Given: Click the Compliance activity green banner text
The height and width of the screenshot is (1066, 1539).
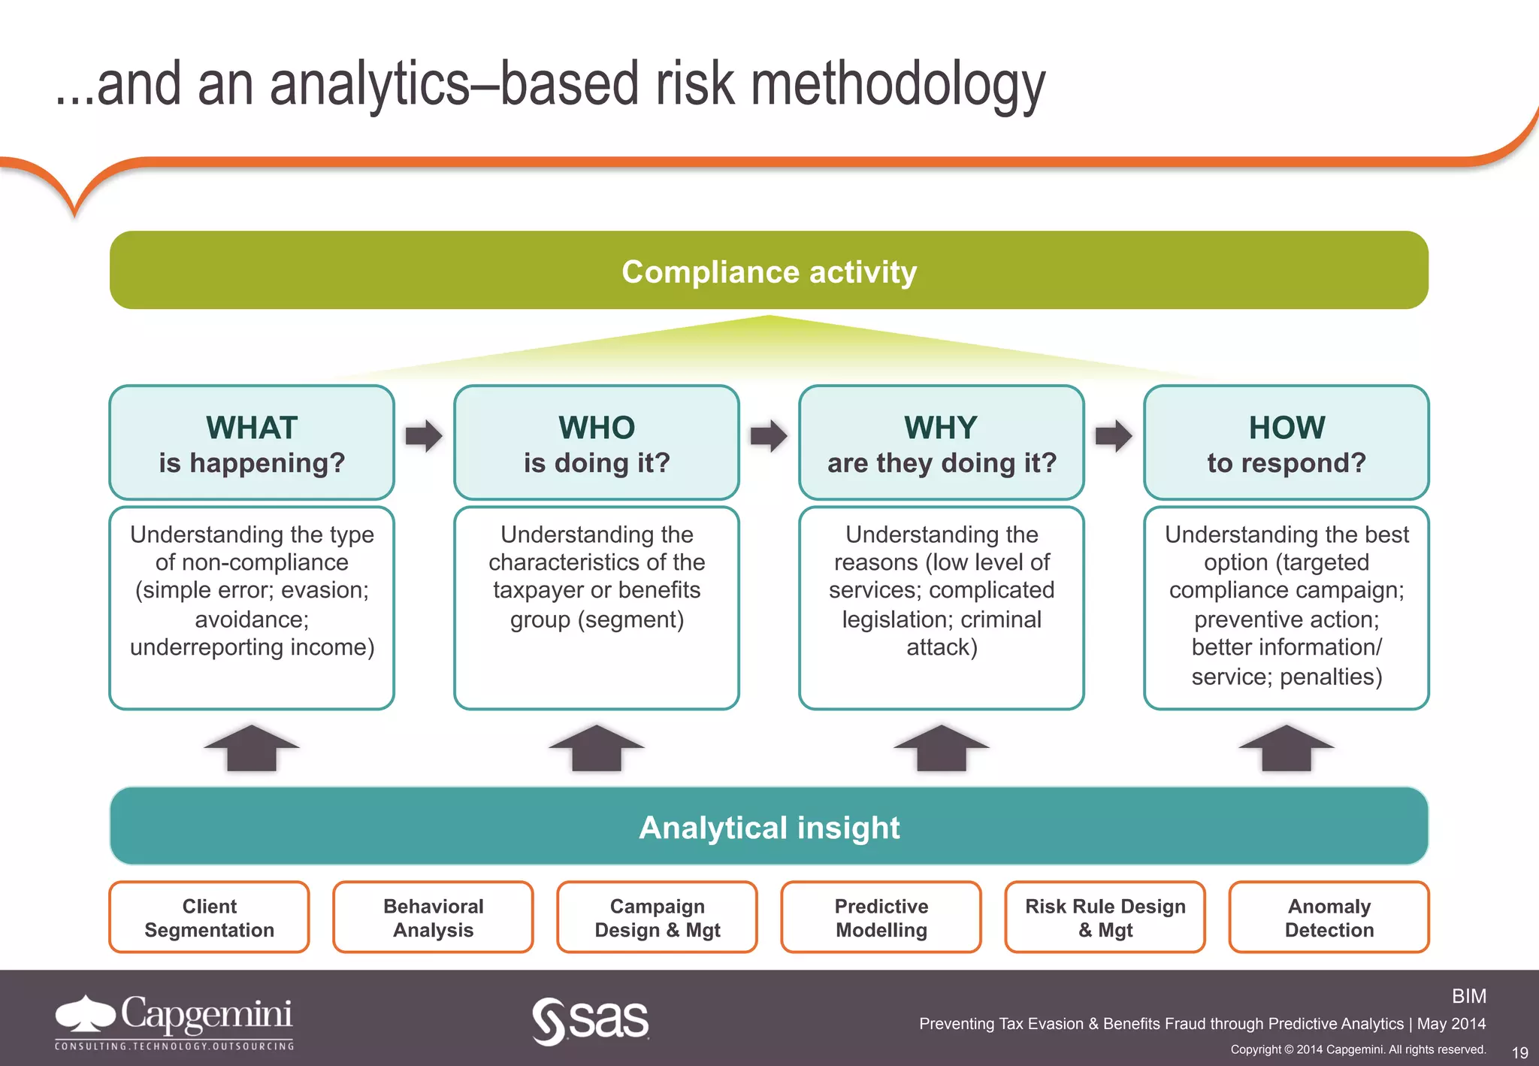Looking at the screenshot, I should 769,271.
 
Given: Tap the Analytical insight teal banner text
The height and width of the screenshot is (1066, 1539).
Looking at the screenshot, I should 769,827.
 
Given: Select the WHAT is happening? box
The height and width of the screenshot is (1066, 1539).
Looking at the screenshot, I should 252,443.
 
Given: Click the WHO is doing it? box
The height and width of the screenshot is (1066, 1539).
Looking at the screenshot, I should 597,443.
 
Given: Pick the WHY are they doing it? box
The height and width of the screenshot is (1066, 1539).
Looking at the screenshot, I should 942,443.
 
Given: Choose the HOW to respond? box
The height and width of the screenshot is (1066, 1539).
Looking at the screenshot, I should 1287,443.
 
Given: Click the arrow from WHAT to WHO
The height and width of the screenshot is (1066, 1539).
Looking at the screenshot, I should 424,436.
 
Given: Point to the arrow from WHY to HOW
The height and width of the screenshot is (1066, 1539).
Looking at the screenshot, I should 1114,436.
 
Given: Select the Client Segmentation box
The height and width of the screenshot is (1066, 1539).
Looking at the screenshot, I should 209,917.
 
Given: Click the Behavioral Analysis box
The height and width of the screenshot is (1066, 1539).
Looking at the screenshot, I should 433,917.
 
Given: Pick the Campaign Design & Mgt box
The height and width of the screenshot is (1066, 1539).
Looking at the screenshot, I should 657,917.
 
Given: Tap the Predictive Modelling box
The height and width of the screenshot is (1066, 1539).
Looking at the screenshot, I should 881,917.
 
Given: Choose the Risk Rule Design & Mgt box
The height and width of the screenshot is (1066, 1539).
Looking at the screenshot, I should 1105,917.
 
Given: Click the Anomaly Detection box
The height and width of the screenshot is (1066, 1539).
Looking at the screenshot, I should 1329,917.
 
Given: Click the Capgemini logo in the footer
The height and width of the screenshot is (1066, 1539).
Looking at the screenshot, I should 174,1021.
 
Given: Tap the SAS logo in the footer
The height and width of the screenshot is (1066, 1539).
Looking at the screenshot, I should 591,1021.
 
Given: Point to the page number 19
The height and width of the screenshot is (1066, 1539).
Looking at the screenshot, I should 1519,1052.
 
